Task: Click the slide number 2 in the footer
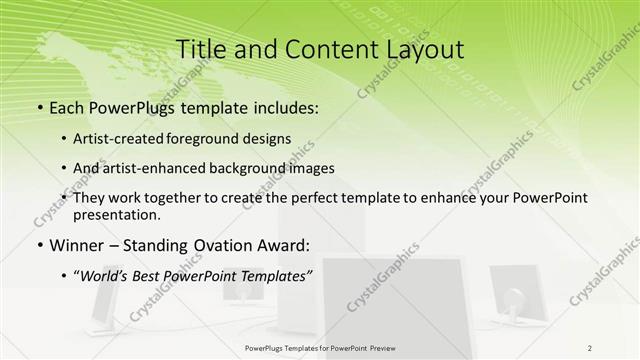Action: [x=590, y=349]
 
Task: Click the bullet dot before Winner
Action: [x=38, y=245]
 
